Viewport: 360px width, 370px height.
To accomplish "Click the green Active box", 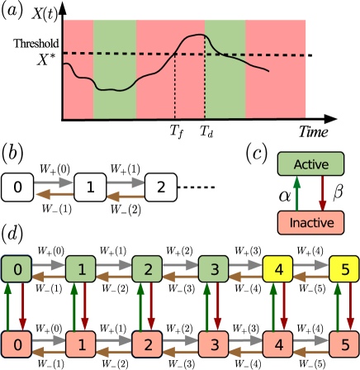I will (x=311, y=164).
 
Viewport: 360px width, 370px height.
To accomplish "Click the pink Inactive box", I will (x=311, y=223).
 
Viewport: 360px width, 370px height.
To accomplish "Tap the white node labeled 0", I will (x=17, y=188).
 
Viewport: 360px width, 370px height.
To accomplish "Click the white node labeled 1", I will (x=89, y=188).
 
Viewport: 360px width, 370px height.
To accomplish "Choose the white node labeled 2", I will (x=161, y=188).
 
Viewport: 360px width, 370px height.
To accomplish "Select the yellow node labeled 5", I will (x=343, y=269).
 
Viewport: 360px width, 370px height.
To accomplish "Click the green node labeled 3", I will (x=212, y=269).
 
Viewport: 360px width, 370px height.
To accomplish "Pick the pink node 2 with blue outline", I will (x=147, y=342).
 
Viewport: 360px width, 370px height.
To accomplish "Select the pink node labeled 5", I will (x=343, y=342).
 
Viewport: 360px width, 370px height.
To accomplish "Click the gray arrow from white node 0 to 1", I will (x=53, y=181).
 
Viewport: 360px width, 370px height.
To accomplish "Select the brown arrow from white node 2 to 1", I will (x=125, y=197).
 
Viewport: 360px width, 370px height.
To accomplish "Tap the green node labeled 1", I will (x=81, y=269).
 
